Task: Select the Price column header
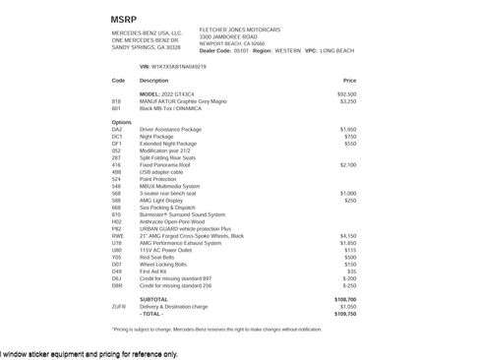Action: point(349,80)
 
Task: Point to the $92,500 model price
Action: point(346,93)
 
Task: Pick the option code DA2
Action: point(117,129)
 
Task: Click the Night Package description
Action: point(158,136)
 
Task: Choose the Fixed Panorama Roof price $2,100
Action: point(348,164)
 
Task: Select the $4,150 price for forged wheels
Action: point(348,236)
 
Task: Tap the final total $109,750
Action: point(345,313)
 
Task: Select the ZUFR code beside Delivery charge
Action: point(119,306)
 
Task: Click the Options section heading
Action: point(121,122)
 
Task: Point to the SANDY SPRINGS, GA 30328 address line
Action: point(146,46)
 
